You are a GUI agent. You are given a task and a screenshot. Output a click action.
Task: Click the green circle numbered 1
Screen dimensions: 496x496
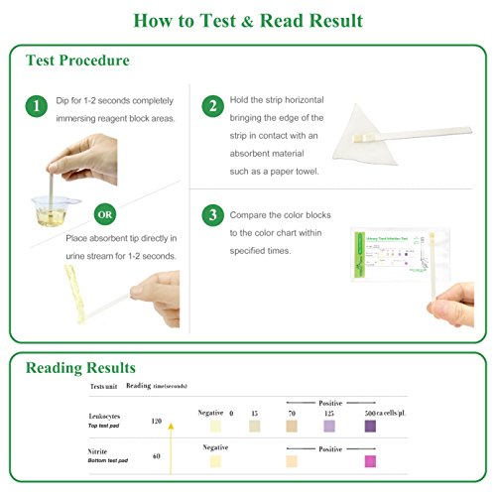click(x=36, y=106)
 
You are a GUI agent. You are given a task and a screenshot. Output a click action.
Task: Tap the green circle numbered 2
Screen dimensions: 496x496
click(x=211, y=106)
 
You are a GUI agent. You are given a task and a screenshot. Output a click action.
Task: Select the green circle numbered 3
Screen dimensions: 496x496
click(x=211, y=215)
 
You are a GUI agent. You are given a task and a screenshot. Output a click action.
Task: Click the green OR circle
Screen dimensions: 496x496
click(x=104, y=213)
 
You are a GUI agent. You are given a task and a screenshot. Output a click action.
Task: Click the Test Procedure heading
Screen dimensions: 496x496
click(x=77, y=61)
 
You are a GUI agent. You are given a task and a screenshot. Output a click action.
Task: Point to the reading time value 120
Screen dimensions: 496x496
click(x=157, y=422)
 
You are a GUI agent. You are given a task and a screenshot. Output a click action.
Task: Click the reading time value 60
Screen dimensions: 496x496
click(x=157, y=456)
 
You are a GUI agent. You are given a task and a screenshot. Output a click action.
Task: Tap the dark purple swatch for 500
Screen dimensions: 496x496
click(x=369, y=426)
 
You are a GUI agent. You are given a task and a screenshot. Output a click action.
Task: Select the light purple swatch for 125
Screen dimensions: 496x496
click(x=329, y=426)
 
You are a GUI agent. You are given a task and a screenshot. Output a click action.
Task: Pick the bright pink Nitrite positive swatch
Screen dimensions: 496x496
click(x=369, y=460)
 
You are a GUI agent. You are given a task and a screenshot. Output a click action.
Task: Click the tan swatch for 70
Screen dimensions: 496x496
click(x=291, y=426)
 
